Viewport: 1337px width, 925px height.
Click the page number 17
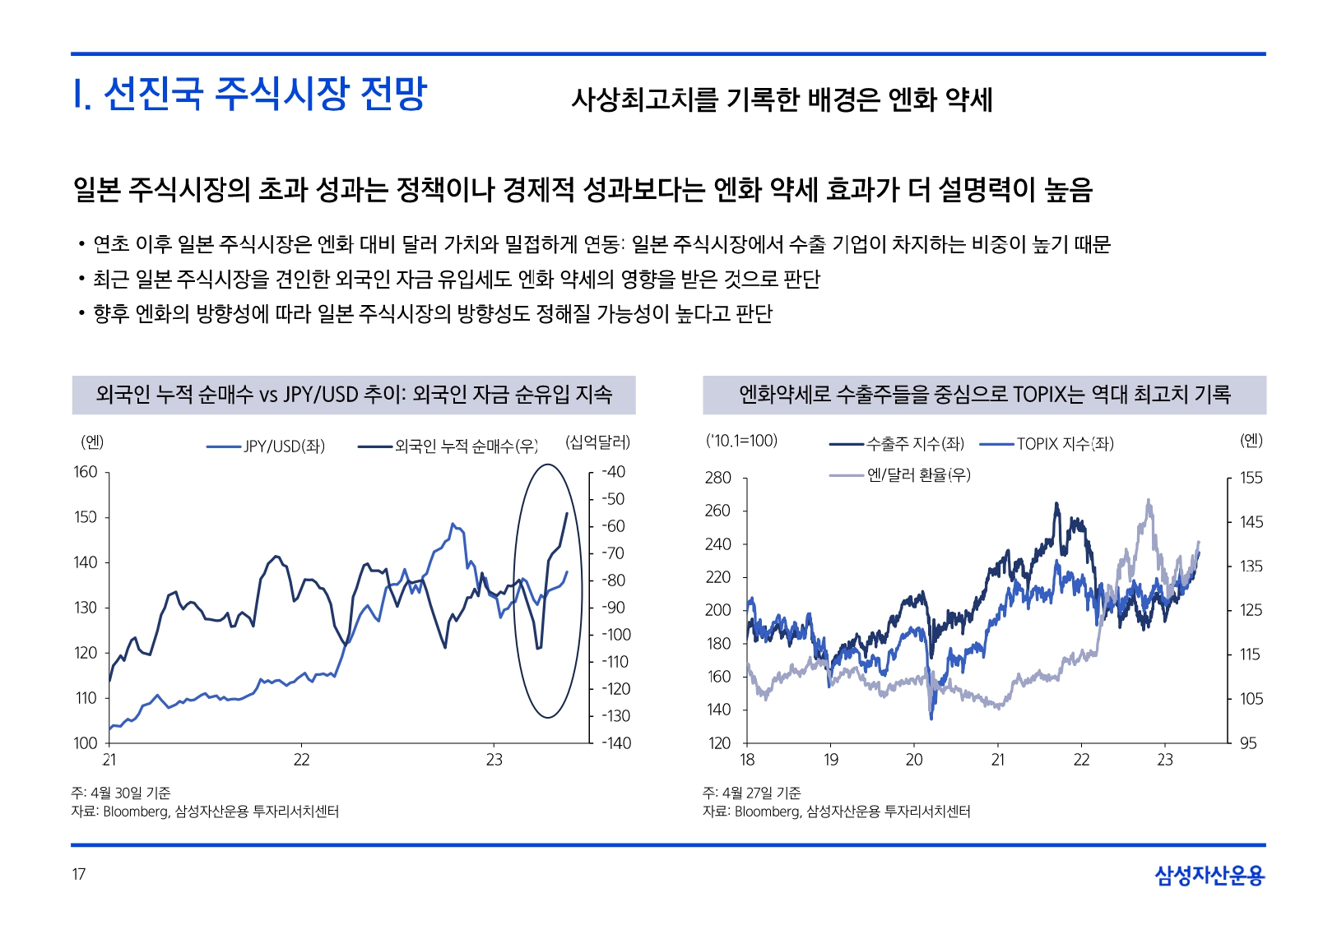pos(79,874)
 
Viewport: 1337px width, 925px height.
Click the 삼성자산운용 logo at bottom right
pos(1209,876)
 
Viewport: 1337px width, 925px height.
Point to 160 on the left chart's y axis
pos(86,472)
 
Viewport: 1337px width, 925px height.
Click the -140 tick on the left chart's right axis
pos(615,743)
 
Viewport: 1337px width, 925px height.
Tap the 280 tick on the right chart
pos(717,478)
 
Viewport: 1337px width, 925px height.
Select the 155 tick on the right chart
pos(1251,478)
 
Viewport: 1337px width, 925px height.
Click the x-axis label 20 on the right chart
pos(914,760)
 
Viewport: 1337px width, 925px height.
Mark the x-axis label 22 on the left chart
pos(302,760)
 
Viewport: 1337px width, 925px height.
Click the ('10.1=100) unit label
pos(741,441)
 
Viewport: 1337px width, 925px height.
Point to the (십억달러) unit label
pos(597,442)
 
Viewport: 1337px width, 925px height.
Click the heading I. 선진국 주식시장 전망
pos(250,94)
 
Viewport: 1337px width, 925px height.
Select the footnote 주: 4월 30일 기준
pos(121,793)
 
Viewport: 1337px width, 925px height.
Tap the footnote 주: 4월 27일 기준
pos(752,793)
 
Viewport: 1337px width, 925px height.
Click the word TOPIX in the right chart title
pos(1038,395)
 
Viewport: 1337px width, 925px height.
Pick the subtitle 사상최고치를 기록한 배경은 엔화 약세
pos(782,99)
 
